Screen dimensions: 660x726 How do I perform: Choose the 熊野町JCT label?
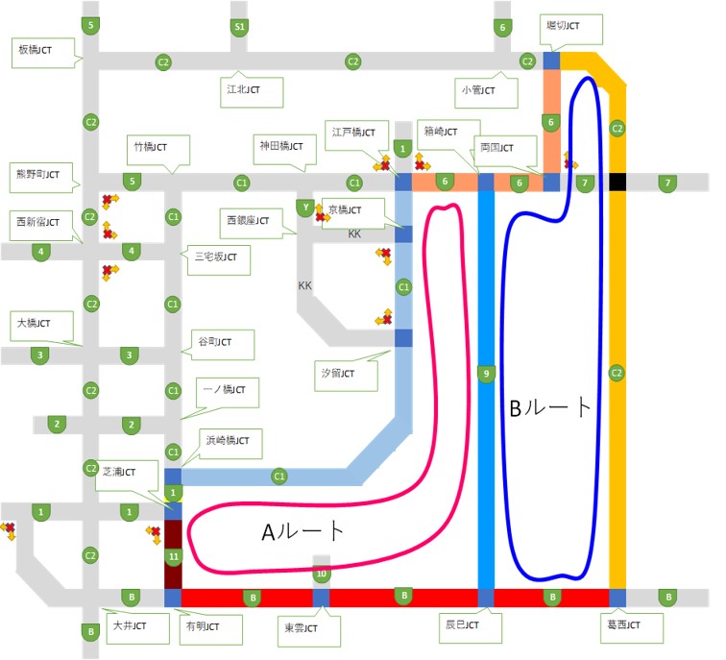click(39, 175)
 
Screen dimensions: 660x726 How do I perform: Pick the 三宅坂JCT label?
click(217, 257)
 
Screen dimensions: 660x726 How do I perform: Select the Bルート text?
click(550, 408)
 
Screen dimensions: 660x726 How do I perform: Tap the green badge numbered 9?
click(486, 373)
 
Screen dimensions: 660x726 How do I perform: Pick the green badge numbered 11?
click(173, 556)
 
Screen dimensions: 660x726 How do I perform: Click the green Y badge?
click(306, 208)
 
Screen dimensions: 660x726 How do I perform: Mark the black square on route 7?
click(617, 182)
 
